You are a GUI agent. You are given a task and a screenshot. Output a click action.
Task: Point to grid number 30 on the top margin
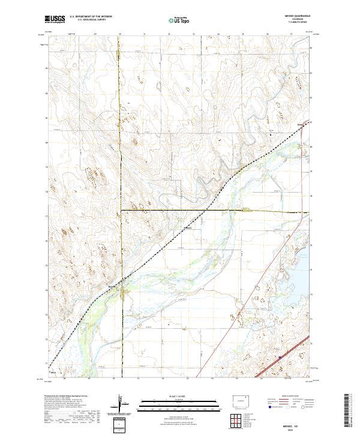(x=121, y=34)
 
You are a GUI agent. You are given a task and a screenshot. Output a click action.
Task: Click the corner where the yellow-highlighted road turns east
(x=121, y=210)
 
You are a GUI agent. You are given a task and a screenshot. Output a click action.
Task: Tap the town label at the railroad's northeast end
(x=302, y=124)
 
